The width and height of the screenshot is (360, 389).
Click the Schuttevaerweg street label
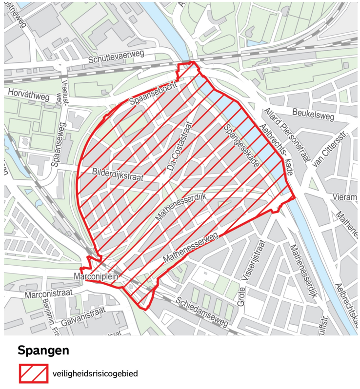(x=117, y=58)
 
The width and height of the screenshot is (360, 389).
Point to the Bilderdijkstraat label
(x=118, y=175)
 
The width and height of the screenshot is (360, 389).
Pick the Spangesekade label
(x=240, y=146)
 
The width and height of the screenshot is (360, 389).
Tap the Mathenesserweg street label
(x=190, y=249)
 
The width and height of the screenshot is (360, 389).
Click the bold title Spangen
(x=43, y=350)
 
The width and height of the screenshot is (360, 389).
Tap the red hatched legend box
(x=33, y=374)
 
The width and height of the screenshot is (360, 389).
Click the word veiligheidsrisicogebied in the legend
(x=95, y=374)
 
